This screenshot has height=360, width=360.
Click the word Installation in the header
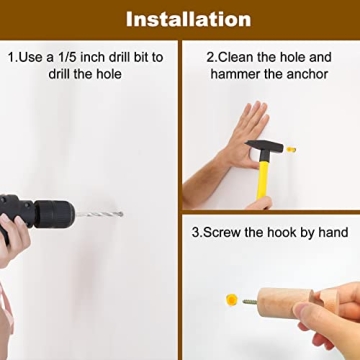188,19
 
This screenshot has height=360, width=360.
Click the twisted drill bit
99,214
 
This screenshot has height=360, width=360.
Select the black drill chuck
54,214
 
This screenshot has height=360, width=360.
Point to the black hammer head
264,146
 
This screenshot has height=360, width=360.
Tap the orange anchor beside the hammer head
291,149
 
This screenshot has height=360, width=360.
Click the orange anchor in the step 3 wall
231,299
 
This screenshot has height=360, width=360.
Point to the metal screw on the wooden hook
250,301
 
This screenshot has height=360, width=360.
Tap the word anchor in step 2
306,74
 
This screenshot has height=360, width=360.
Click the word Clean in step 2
236,57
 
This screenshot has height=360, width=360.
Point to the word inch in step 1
92,57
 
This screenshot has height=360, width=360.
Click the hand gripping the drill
13,237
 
